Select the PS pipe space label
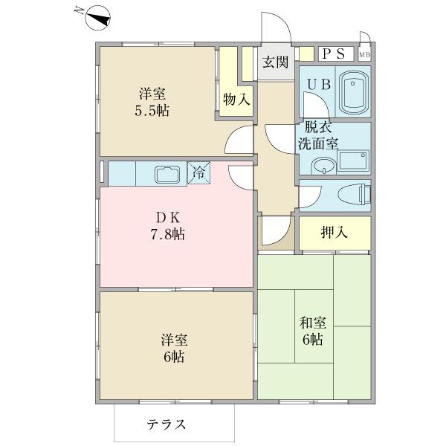332,54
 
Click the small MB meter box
364,54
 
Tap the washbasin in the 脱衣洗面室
323,164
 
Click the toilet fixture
353,195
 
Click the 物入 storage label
236,99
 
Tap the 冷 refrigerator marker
198,172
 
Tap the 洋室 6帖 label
175,348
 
